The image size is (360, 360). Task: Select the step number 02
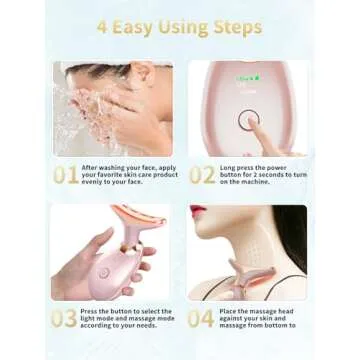pyautogui.click(x=201, y=175)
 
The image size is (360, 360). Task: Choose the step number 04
pyautogui.click(x=201, y=319)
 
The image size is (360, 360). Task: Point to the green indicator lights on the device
pyautogui.click(x=247, y=78)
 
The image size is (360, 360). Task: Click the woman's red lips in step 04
pyautogui.click(x=198, y=212)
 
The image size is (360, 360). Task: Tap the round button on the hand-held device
pyautogui.click(x=103, y=272)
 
